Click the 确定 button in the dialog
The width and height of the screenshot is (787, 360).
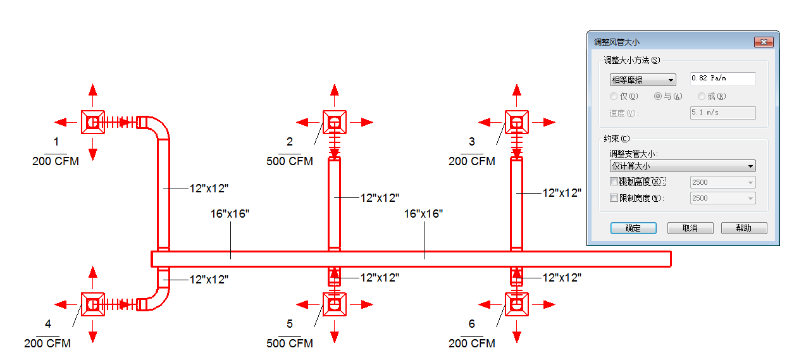pyautogui.click(x=633, y=228)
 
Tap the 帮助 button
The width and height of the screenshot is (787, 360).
pyautogui.click(x=744, y=228)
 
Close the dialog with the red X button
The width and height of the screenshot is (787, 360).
pyautogui.click(x=764, y=42)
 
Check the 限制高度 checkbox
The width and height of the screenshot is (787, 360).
pyautogui.click(x=614, y=182)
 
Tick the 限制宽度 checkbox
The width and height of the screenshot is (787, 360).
pyautogui.click(x=614, y=198)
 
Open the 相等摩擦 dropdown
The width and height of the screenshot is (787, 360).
pyautogui.click(x=643, y=80)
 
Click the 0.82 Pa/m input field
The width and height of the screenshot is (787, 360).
pyautogui.click(x=722, y=78)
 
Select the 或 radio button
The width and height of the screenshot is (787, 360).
pyautogui.click(x=701, y=96)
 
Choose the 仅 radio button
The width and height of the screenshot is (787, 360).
pyautogui.click(x=614, y=96)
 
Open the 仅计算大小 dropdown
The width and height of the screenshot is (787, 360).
pyautogui.click(x=683, y=166)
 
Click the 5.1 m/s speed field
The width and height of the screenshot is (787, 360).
pyautogui.click(x=722, y=113)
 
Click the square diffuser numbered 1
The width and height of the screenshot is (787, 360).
pyautogui.click(x=93, y=122)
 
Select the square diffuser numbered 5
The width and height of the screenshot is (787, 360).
pyautogui.click(x=335, y=304)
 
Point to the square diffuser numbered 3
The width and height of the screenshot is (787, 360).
pyautogui.click(x=516, y=122)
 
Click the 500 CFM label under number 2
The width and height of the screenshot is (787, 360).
pyautogui.click(x=290, y=161)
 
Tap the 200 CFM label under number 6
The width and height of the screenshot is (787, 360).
pyautogui.click(x=472, y=343)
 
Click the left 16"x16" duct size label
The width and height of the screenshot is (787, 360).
pyautogui.click(x=230, y=214)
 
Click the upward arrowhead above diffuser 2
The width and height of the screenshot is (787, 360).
pyautogui.click(x=335, y=90)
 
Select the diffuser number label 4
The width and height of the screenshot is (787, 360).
pyautogui.click(x=48, y=323)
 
